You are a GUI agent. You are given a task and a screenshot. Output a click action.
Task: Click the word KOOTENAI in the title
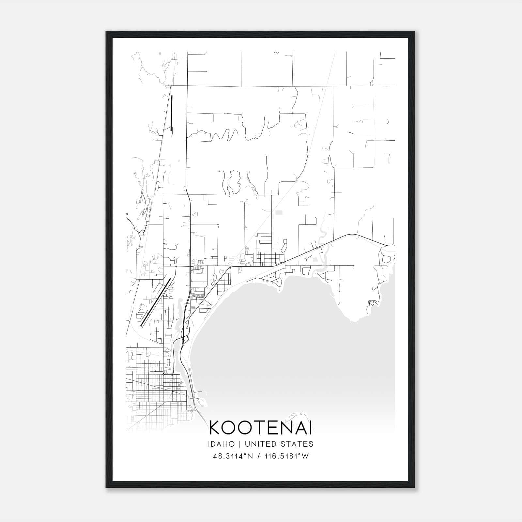[x=260, y=428]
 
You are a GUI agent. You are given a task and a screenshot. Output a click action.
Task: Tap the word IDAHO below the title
[x=221, y=444]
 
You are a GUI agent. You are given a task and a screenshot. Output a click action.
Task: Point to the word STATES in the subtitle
[x=296, y=444]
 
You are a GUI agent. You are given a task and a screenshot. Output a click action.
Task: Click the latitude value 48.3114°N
[x=233, y=456]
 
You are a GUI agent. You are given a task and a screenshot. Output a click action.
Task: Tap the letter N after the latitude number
[x=251, y=456]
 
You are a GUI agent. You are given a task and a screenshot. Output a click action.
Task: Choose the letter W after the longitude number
[x=305, y=456]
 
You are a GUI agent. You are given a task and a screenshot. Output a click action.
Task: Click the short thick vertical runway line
[x=171, y=113]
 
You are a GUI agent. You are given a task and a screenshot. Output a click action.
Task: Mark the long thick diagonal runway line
[x=156, y=302]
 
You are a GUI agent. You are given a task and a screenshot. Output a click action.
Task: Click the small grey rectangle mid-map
[x=279, y=212]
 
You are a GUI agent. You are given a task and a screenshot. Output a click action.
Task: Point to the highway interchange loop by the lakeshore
[x=186, y=338]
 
